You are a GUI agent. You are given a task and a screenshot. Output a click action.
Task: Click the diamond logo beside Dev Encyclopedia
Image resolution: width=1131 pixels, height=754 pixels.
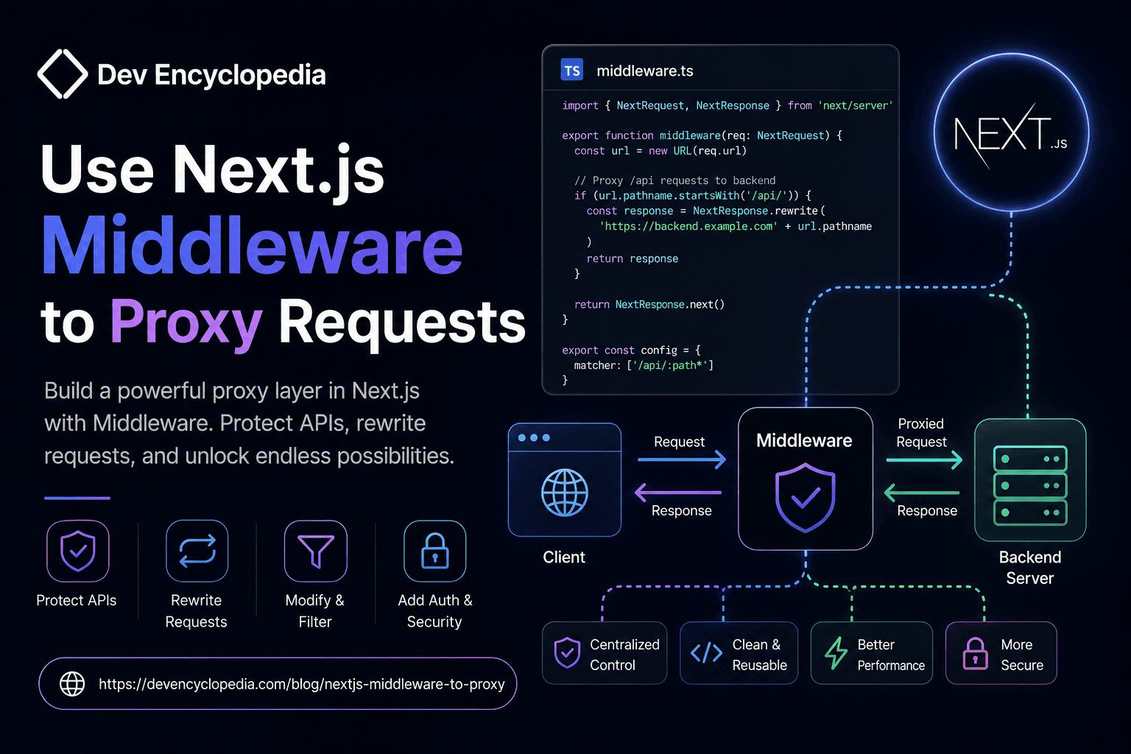[63, 74]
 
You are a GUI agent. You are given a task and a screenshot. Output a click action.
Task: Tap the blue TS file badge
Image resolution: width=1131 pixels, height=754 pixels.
[571, 70]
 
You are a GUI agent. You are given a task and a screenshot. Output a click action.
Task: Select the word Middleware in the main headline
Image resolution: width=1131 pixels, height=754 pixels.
[253, 245]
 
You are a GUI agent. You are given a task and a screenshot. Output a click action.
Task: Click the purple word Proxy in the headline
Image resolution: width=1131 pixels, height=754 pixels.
[186, 323]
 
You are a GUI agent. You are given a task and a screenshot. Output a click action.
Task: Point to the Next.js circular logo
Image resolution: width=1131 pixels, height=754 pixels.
[1011, 133]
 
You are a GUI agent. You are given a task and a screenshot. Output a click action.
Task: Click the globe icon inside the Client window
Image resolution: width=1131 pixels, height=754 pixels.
[565, 493]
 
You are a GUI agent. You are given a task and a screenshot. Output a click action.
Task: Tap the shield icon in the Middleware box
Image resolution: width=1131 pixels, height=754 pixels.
[806, 498]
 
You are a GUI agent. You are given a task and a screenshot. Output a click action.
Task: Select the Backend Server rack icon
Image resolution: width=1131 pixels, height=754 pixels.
[1030, 485]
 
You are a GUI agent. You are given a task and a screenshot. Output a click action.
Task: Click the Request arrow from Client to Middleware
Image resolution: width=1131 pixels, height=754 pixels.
[682, 459]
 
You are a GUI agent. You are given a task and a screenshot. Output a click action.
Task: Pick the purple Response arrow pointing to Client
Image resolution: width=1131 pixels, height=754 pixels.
[678, 493]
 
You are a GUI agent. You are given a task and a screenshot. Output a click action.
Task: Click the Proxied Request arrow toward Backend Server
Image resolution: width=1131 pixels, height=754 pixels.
[924, 460]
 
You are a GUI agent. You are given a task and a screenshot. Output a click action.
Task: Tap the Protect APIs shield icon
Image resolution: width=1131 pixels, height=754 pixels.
[78, 551]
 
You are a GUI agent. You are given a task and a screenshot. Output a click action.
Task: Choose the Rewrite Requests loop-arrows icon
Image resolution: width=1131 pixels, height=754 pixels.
[197, 551]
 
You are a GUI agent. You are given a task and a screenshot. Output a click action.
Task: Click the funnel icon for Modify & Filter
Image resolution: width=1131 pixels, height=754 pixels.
[316, 551]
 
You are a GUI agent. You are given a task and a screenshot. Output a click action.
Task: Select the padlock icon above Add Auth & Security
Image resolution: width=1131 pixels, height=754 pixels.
[434, 551]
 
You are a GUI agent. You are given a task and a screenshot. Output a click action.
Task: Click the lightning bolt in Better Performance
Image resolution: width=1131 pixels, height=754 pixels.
[836, 652]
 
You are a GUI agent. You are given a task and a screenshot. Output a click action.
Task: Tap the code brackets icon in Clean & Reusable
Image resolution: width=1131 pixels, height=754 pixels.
[706, 652]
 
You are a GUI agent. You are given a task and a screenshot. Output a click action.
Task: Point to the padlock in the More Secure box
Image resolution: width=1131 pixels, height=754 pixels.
[975, 654]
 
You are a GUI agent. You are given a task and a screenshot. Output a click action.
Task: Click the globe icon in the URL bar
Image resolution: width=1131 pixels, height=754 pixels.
[72, 684]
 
